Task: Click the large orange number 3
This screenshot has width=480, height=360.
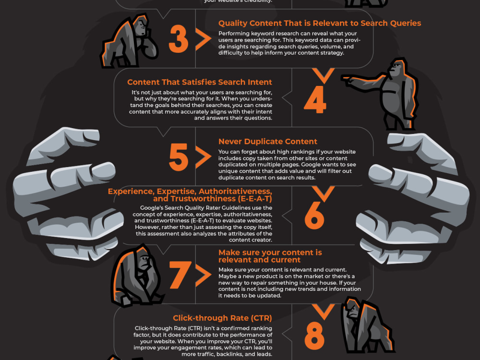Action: (178, 40)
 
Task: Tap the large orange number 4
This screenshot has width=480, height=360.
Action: (315, 99)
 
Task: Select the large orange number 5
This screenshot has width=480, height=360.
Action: (178, 157)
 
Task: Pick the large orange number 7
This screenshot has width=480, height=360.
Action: (180, 276)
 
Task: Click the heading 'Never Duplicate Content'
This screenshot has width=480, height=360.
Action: (267, 142)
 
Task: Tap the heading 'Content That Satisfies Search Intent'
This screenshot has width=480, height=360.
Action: (200, 82)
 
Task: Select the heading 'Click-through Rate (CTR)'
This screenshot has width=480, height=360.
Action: (222, 318)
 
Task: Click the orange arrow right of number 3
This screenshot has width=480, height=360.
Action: (204, 40)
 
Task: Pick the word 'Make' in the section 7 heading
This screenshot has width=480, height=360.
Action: (229, 252)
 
